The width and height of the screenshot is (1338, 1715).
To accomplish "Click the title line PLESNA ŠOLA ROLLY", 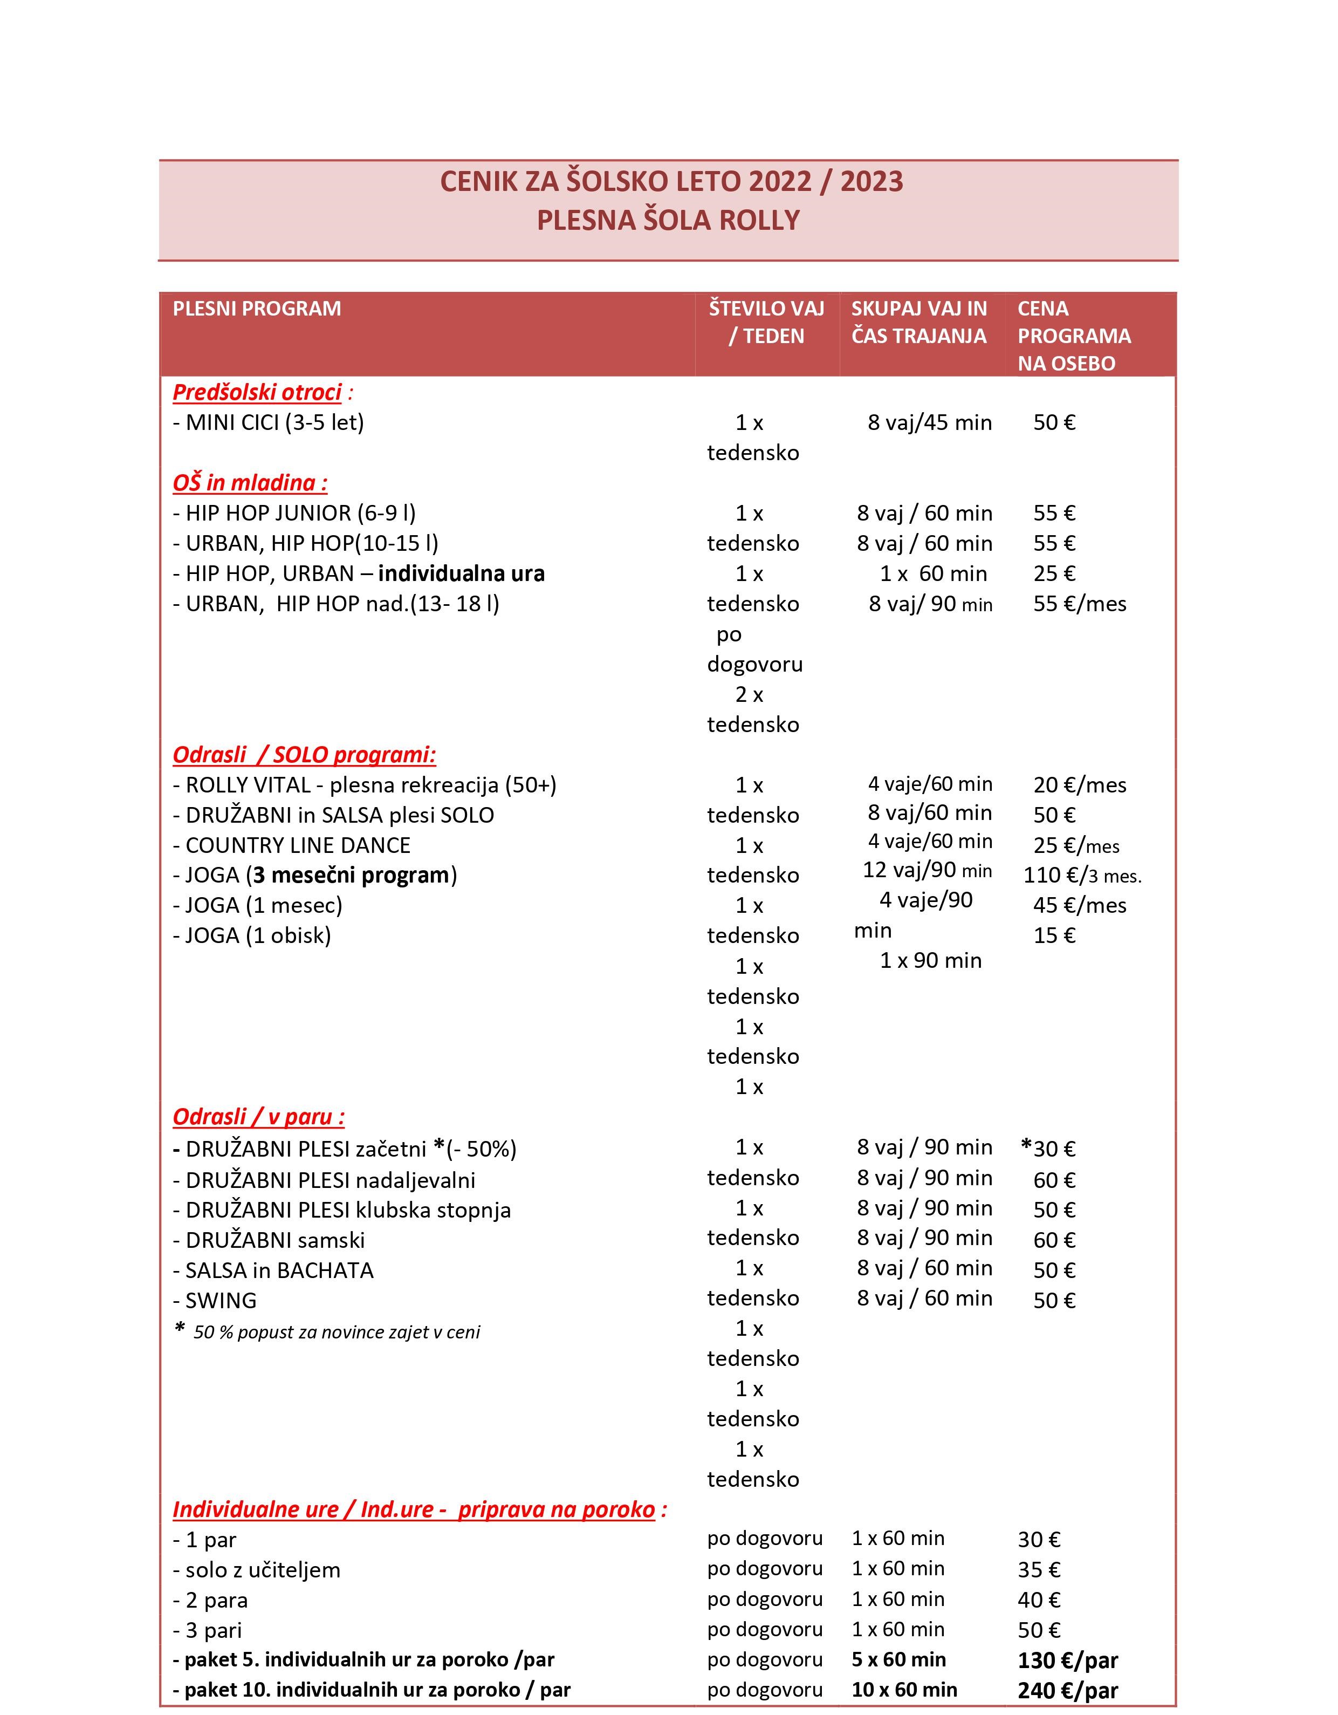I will tap(668, 220).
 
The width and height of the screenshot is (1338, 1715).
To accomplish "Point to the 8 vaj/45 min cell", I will tap(930, 422).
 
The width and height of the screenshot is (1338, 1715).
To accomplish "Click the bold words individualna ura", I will tap(461, 573).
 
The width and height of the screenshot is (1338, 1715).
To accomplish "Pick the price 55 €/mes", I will tap(1080, 604).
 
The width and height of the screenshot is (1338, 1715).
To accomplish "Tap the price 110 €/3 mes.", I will tap(1082, 875).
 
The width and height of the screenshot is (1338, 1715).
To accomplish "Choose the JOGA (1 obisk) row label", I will tap(252, 935).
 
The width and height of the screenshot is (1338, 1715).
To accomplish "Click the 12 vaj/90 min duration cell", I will tap(928, 870).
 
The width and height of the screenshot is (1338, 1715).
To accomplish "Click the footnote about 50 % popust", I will tap(328, 1332).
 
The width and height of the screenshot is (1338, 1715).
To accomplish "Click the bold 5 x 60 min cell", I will tap(898, 1659).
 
